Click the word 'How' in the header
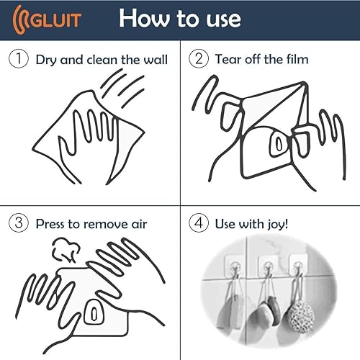pyautogui.click(x=145, y=17)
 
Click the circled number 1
pyautogui.click(x=17, y=59)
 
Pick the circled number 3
pyautogui.click(x=18, y=223)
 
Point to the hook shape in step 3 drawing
pyautogui.click(x=94, y=312)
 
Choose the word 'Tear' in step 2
pyautogui.click(x=229, y=58)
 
